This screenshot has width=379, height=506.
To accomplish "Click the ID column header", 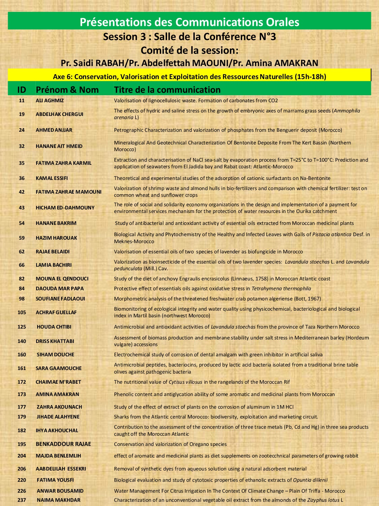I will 22,90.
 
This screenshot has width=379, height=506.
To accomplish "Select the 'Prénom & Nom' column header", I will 67,90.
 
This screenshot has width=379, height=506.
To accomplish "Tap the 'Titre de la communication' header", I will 167,90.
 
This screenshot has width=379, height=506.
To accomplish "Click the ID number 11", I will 22,100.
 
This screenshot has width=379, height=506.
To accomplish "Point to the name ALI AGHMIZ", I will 50,100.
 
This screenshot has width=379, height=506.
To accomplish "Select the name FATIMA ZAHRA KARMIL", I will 64,163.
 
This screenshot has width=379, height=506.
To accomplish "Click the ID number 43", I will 22,208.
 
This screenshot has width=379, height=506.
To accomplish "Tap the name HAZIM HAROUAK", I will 56,238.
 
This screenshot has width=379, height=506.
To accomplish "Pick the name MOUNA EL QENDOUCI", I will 62,279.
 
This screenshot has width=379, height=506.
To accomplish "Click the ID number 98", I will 22,299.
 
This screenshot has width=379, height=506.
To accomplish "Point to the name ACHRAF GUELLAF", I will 56,312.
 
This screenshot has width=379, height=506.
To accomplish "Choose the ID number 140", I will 22,341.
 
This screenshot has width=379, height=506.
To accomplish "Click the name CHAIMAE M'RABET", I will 58,382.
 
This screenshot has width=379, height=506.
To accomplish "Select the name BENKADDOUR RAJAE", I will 63,444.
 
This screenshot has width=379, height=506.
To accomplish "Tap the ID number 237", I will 22,500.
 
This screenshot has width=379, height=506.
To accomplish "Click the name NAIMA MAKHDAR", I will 59,500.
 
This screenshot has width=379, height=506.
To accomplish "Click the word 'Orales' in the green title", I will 279,22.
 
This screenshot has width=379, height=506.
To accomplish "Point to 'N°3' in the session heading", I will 266,37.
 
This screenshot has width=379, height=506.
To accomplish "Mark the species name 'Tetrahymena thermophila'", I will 281,288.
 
